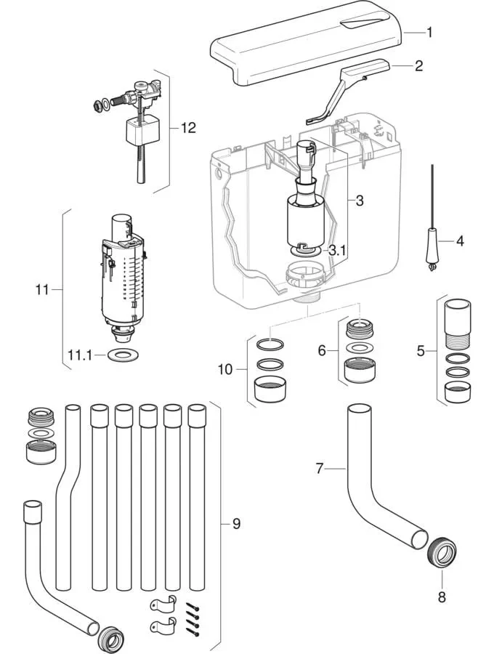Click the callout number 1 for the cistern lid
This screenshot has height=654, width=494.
(429, 33)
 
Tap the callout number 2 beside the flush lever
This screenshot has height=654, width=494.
(418, 66)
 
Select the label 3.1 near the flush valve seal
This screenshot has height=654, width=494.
(338, 250)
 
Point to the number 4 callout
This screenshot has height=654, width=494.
(460, 241)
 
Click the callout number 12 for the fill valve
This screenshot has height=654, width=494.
(188, 128)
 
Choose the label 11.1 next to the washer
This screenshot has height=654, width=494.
(80, 356)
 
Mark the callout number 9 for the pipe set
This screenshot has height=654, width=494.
(236, 523)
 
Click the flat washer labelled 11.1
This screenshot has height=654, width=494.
(120, 355)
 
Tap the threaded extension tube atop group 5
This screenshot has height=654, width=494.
(458, 324)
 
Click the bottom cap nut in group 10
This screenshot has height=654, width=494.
(270, 389)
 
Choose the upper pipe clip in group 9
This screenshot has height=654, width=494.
(163, 604)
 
